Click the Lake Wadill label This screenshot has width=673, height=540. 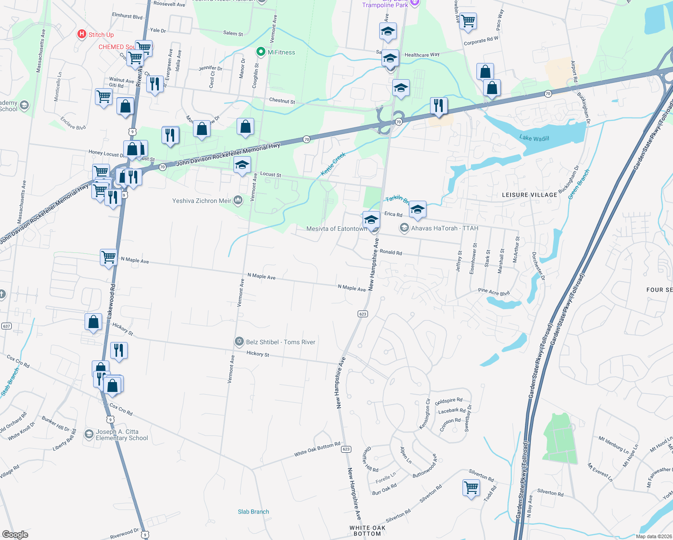click(534, 138)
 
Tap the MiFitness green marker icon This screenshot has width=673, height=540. click(260, 52)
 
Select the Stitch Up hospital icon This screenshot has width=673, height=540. click(82, 34)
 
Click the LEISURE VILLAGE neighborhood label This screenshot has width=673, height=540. click(529, 195)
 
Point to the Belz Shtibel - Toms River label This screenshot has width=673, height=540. click(280, 342)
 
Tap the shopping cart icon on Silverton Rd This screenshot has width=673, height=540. click(471, 487)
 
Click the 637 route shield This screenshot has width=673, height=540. click(6, 326)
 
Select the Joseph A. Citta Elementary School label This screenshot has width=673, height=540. click(121, 435)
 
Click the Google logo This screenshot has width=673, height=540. click(15, 534)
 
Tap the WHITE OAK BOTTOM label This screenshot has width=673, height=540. click(367, 531)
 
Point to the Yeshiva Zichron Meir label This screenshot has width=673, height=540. click(202, 201)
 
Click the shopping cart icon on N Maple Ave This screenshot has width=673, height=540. click(108, 257)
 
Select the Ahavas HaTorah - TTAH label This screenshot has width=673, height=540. click(444, 228)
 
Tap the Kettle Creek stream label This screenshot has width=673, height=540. click(333, 164)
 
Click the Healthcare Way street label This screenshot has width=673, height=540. click(422, 55)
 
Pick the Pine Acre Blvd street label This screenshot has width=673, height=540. click(494, 292)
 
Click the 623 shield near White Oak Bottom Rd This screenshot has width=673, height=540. click(346, 449)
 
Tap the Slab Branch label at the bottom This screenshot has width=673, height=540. click(253, 512)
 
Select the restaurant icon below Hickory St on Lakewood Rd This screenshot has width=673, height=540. click(119, 350)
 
